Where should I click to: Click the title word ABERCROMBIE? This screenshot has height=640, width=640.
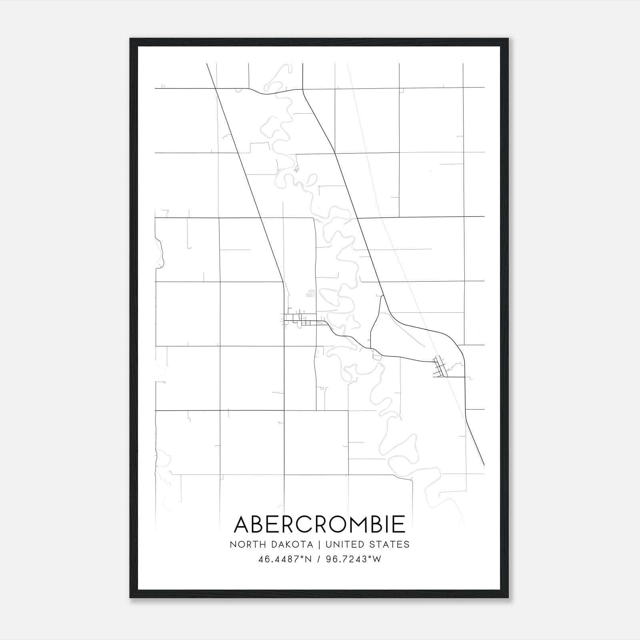point(320,524)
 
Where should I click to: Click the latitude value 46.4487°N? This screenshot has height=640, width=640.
point(284,559)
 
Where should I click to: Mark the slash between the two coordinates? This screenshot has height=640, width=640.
point(318,559)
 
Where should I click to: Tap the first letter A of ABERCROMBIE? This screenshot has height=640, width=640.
point(242,524)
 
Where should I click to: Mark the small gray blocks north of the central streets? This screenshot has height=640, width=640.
point(310,294)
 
